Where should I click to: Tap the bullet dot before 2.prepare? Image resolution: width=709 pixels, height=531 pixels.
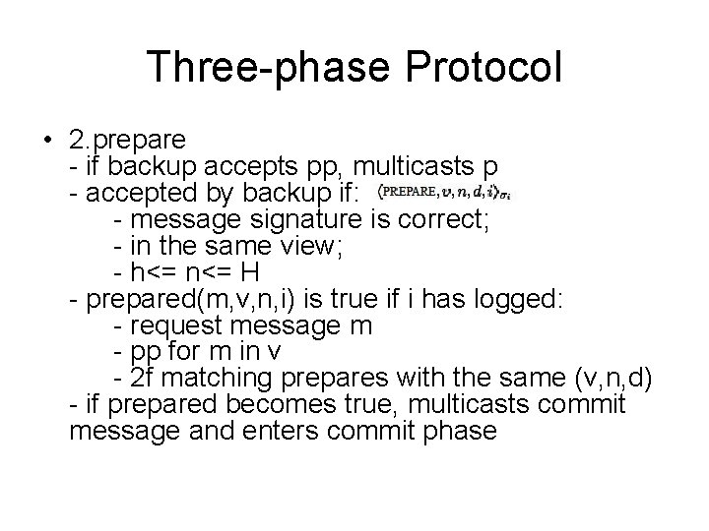(48, 139)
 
